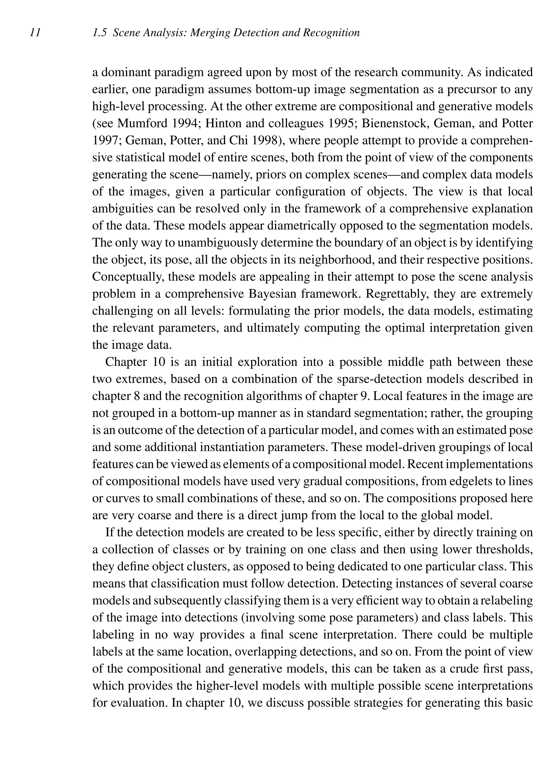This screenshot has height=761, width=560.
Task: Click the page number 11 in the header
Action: pos(35,33)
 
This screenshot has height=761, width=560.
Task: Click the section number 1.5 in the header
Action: pos(100,33)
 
